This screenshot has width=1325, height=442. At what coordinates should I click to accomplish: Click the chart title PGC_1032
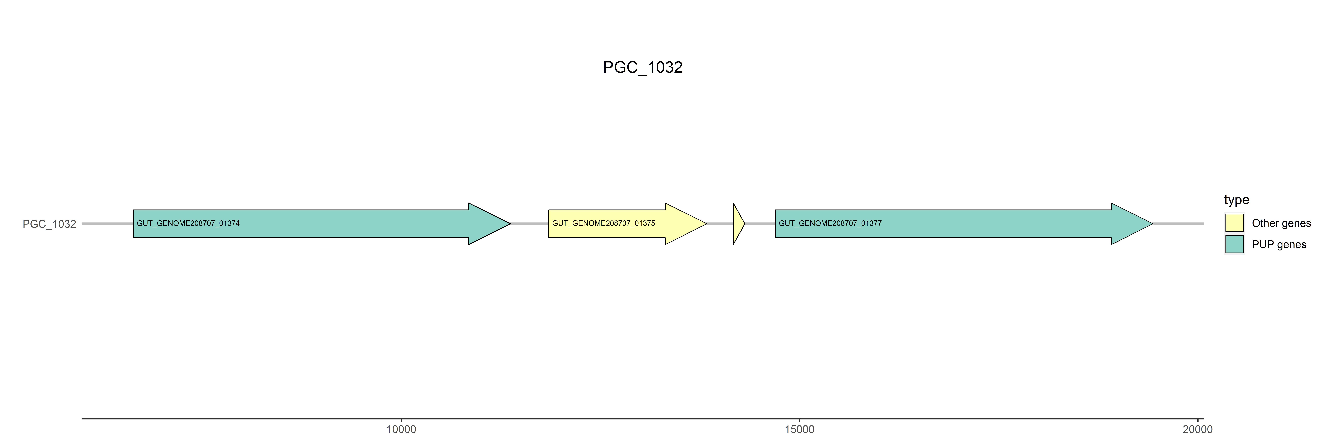tap(642, 67)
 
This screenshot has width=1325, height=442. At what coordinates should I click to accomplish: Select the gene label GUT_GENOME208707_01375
tap(603, 223)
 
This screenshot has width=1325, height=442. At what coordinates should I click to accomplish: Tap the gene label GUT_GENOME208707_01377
tap(830, 223)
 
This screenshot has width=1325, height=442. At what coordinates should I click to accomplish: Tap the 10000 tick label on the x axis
tap(401, 429)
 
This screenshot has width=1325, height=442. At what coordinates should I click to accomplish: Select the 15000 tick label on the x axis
tap(799, 429)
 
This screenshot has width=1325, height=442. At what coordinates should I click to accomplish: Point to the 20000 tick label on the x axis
tap(1198, 429)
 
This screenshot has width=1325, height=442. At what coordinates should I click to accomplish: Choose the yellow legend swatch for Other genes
tap(1234, 223)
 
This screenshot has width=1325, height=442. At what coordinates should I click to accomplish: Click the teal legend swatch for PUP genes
tap(1234, 244)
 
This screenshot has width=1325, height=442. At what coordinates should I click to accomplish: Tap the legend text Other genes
tap(1281, 223)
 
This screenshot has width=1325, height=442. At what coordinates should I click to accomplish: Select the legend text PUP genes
tap(1279, 244)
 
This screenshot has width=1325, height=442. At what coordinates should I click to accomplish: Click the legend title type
tap(1237, 200)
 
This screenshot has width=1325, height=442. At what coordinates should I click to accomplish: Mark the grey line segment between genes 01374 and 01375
tap(529, 224)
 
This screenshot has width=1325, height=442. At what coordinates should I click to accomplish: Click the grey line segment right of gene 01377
tap(1178, 224)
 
